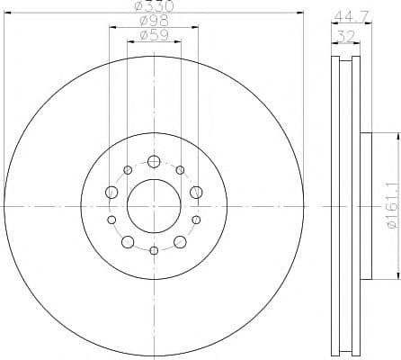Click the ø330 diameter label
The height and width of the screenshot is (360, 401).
[x=154, y=6]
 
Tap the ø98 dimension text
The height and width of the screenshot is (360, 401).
[x=154, y=22]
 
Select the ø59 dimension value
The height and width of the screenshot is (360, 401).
[x=154, y=36]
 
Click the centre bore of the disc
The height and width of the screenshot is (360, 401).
[x=154, y=205]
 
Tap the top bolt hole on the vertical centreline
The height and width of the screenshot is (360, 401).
[x=154, y=162]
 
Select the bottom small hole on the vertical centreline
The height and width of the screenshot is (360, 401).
[x=154, y=249]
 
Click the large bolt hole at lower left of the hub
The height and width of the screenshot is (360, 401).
[x=128, y=241]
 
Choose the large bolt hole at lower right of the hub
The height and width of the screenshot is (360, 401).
[x=180, y=241]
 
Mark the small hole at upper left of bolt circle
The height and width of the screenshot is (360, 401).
[x=128, y=170]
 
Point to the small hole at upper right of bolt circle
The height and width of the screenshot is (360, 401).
[x=180, y=170]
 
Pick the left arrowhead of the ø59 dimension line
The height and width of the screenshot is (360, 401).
[x=129, y=41]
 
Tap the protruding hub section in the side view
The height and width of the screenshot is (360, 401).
[x=365, y=205]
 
